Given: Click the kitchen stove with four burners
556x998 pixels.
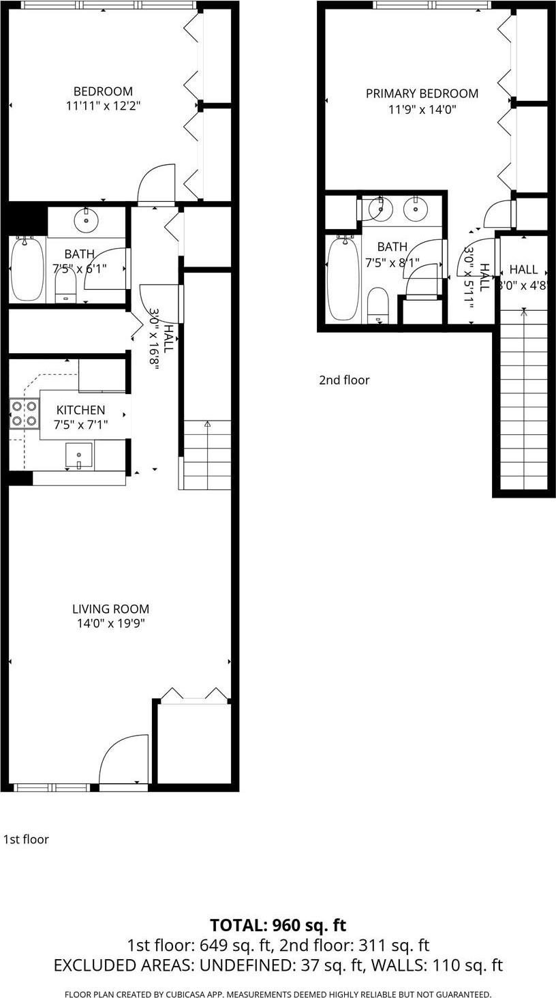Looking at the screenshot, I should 22,413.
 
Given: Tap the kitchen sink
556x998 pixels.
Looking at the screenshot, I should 79,455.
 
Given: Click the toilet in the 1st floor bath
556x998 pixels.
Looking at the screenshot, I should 65,287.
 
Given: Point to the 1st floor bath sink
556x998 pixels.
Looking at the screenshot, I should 87,220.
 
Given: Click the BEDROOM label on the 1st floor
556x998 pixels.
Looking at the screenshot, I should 103,91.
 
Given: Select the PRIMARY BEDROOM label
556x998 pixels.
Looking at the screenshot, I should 422,93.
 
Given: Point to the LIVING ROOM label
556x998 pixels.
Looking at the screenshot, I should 110,609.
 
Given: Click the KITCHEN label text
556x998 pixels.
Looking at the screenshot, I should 80,410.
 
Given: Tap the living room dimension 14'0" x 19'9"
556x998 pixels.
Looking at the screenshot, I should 110,623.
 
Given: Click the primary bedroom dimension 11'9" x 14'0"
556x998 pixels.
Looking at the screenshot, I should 422,108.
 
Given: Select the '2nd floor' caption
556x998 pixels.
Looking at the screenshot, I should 344,380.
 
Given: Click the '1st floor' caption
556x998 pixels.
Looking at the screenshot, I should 26,839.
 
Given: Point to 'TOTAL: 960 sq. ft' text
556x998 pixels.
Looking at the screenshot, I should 278,925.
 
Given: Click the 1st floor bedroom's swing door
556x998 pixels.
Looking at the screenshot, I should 156,184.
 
